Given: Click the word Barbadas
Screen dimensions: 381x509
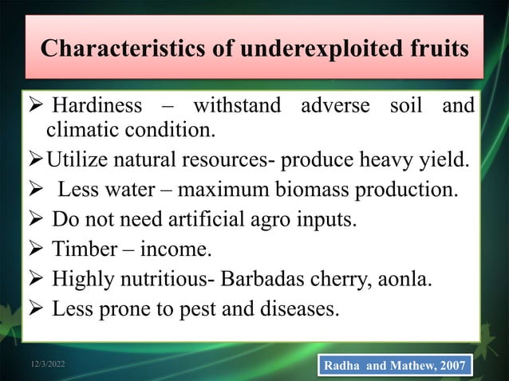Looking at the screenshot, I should click(270, 281).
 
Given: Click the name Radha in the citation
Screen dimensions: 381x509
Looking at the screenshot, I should click(346, 365).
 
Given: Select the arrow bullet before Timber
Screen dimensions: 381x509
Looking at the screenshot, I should click(36, 252).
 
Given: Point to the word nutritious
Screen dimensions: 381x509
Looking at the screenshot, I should click(158, 281).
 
